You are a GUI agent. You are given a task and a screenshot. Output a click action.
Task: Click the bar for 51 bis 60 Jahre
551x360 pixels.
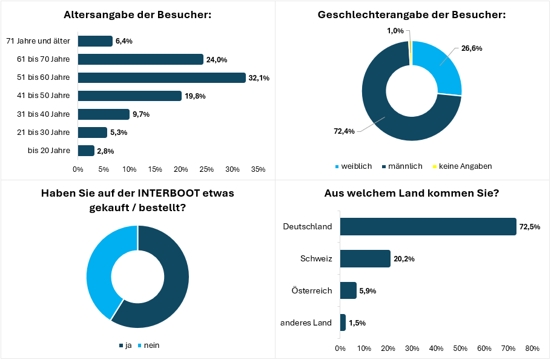162,77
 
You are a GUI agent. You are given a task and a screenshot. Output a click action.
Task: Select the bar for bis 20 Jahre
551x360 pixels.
86,151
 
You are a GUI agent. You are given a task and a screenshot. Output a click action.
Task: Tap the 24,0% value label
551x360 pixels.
216,59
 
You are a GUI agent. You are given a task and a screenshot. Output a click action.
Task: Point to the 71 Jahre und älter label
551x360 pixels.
38,41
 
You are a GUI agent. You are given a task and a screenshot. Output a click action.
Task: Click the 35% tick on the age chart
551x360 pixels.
258,169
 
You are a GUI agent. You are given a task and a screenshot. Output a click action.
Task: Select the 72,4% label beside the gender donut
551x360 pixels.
343,131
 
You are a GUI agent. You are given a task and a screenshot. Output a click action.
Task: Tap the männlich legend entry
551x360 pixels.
403,166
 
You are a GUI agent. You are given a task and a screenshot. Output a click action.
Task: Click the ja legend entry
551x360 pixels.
125,345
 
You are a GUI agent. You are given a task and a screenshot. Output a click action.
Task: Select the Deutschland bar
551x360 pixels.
428,227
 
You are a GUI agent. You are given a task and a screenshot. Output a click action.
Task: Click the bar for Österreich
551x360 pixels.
348,290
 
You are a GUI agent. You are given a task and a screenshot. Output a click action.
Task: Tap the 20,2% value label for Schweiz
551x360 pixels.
404,259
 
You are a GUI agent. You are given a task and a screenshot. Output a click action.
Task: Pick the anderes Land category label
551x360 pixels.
306,322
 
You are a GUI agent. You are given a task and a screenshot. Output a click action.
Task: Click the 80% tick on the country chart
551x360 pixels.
532,348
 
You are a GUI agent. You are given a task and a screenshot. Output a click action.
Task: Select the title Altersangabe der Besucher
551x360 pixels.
137,15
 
